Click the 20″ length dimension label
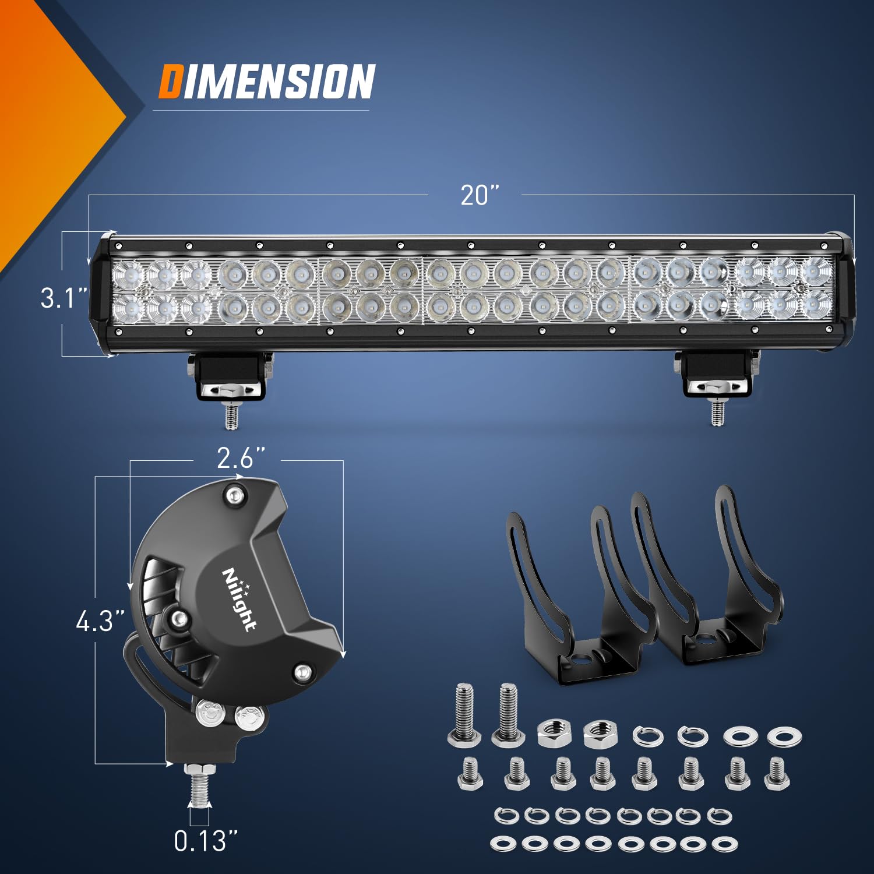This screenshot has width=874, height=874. pos(480,195)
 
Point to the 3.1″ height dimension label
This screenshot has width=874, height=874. pos(64,298)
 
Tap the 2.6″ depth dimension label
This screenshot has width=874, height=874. pos(241,459)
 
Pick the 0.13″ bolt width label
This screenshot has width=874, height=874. pos(206,840)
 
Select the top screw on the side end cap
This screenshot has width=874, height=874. pos(235,495)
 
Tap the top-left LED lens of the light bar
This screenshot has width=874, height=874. pos(128,273)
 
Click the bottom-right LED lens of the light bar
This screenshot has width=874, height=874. pos(816,305)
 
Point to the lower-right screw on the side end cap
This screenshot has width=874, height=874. pos(302,672)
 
